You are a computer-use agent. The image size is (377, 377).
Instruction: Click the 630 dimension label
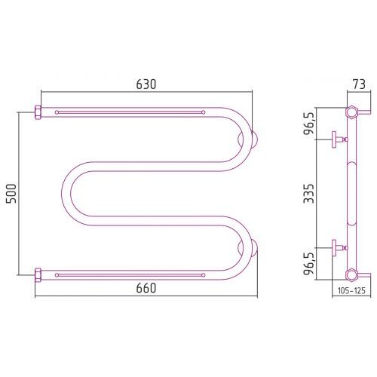click(146, 84)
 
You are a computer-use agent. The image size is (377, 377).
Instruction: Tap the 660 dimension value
click(146, 288)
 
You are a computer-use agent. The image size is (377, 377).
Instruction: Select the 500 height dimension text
click(11, 194)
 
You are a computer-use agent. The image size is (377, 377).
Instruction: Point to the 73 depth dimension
click(359, 84)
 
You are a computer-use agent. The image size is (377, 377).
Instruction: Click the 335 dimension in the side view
click(308, 193)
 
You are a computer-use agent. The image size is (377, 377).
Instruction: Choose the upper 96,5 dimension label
click(308, 124)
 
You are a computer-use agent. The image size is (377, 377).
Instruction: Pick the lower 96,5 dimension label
click(308, 264)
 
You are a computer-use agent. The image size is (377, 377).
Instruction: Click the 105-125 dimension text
click(351, 291)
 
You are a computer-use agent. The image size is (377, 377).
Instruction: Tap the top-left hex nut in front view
click(38, 112)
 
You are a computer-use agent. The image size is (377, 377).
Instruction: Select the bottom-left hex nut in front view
click(38, 275)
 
